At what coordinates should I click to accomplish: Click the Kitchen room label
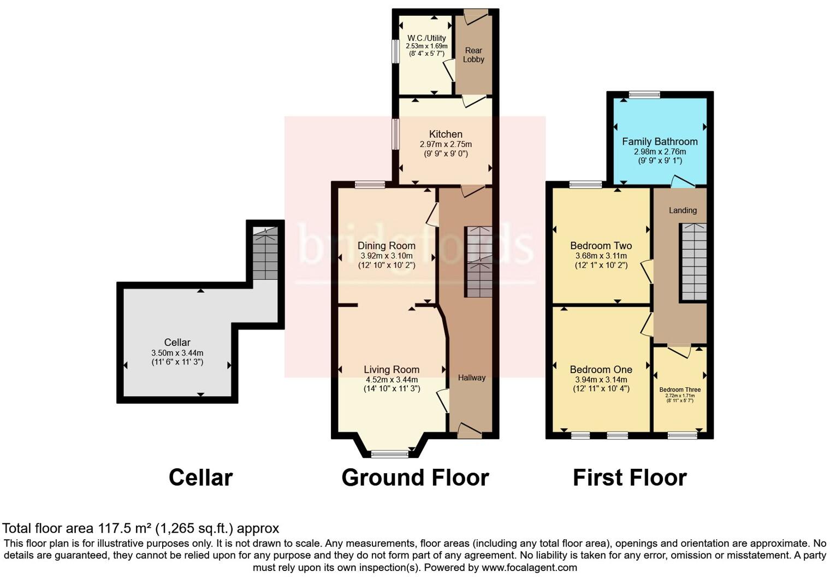point(446,134)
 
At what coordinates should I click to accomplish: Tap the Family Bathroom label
point(660,142)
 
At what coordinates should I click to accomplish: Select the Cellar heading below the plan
point(200,478)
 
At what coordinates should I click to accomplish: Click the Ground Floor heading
point(415,478)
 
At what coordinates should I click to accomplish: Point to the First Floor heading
point(630,478)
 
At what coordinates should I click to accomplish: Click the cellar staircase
point(265,254)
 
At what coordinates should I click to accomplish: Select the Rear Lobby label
point(473,55)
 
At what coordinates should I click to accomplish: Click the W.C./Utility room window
point(395,51)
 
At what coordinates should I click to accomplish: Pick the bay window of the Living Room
point(389,454)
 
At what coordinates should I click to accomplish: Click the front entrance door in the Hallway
point(470,432)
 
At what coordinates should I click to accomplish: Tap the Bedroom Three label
point(680,390)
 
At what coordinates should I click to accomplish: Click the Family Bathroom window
point(644,95)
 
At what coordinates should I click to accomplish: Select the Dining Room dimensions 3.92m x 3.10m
point(387,256)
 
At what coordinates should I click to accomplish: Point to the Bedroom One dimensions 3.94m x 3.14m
point(601,380)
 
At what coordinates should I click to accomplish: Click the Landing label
point(683,210)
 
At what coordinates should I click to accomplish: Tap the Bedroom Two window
point(585,185)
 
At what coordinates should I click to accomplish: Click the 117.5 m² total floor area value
point(125,528)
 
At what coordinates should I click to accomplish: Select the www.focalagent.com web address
point(529,567)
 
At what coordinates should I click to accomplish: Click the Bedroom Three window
point(682,435)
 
